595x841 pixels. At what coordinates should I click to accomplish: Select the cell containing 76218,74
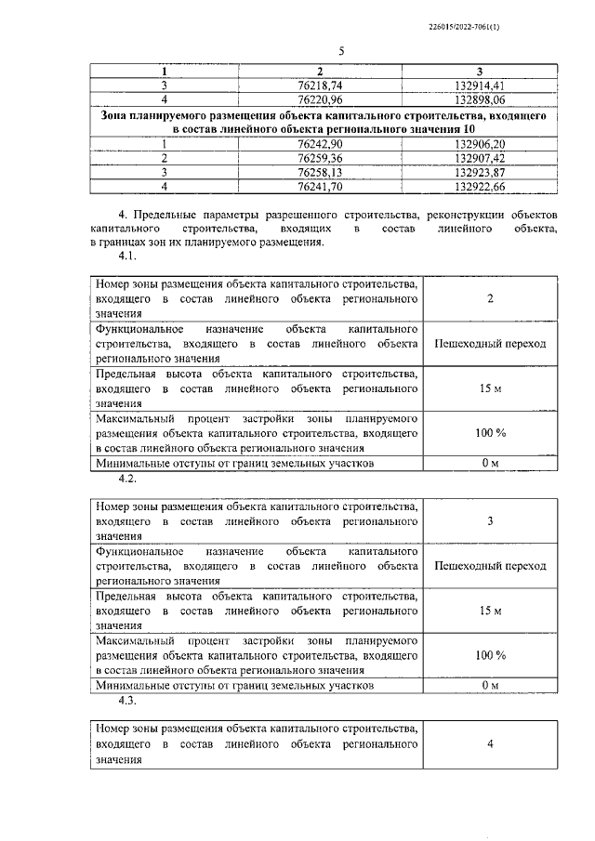pyautogui.click(x=319, y=83)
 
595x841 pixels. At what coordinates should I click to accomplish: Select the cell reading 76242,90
pyautogui.click(x=319, y=145)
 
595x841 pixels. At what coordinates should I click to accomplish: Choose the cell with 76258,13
pyautogui.click(x=319, y=173)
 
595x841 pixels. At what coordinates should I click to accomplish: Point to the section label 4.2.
pyautogui.click(x=126, y=479)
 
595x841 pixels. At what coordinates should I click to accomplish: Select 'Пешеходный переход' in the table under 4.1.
pyautogui.click(x=490, y=344)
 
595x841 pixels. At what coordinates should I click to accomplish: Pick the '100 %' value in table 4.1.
pyautogui.click(x=490, y=433)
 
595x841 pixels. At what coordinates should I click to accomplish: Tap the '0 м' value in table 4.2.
pyautogui.click(x=490, y=686)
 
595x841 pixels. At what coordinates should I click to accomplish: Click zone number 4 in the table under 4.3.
pyautogui.click(x=490, y=743)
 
